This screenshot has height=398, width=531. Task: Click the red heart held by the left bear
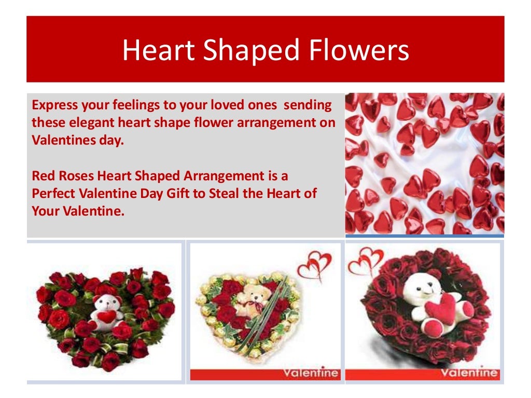pyautogui.click(x=106, y=317)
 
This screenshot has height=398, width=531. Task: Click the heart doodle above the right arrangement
pyautogui.click(x=365, y=260)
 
